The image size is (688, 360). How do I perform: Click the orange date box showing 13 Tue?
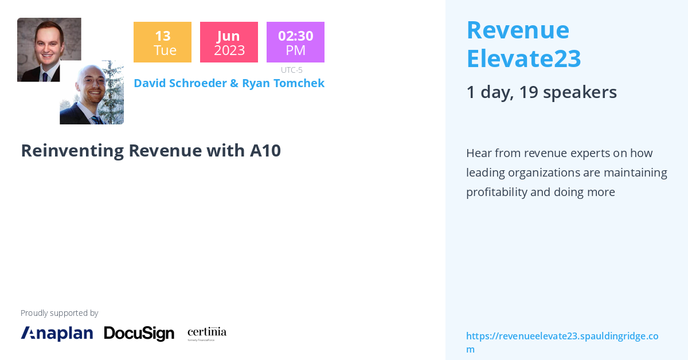coord(162,42)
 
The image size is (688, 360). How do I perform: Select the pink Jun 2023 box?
coord(229,42)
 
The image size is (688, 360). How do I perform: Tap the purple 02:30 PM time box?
coord(295,42)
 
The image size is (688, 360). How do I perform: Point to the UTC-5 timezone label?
coord(291,70)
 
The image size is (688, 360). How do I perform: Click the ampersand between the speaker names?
coord(234,83)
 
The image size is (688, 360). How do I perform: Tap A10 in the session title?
coord(265,150)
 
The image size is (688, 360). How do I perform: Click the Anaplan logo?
coord(57,333)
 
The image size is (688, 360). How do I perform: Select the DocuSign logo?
coord(139,333)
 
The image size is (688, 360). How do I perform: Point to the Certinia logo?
coord(207,333)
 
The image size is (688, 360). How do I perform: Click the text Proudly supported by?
coord(59,313)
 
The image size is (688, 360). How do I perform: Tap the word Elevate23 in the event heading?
coord(523,58)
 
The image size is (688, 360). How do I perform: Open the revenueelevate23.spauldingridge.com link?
coord(562,336)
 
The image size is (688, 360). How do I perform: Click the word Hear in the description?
coord(479,153)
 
